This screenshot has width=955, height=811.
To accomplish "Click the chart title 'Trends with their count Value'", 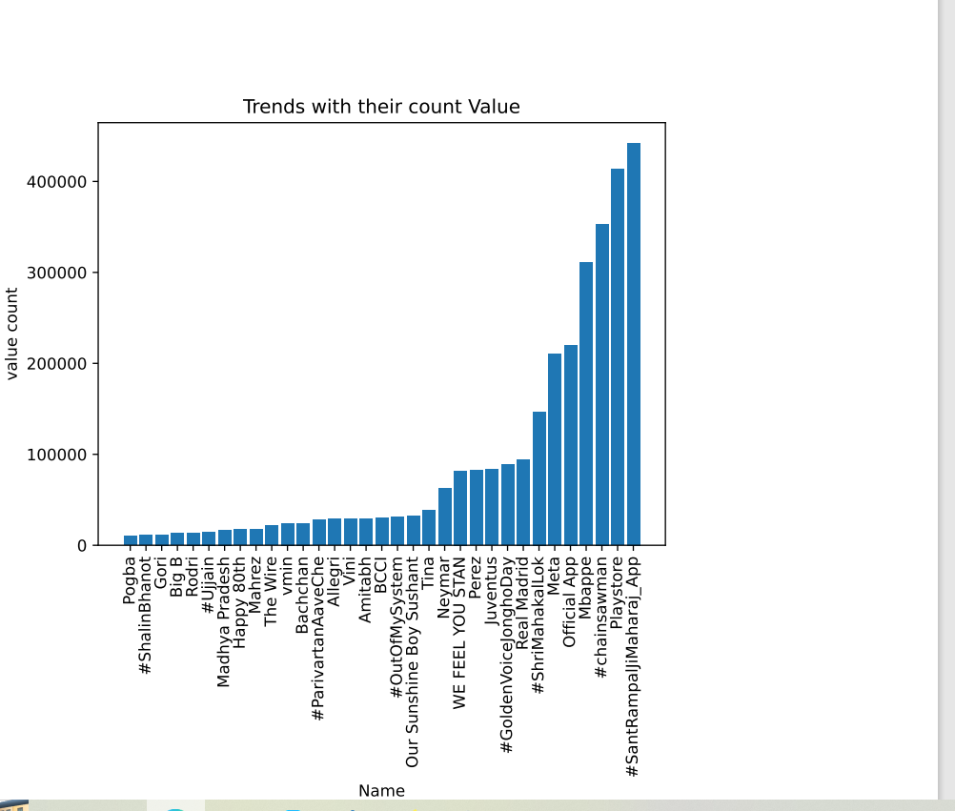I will click(381, 107).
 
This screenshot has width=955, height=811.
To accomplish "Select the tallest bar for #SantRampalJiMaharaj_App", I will click(634, 344).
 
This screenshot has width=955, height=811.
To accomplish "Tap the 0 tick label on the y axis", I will click(83, 546).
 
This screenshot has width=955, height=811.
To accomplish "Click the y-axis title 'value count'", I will click(12, 334).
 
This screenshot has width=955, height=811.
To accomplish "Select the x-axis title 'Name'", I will click(381, 791).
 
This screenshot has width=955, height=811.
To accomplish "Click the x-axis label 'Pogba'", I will click(130, 579).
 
